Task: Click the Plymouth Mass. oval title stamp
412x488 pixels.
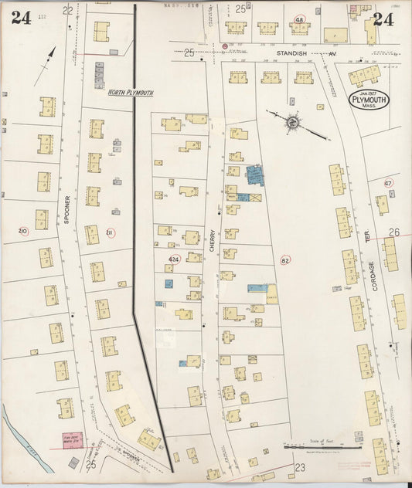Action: click(368, 100)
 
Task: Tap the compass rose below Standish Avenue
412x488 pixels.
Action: click(293, 122)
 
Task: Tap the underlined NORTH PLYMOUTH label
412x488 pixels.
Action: click(130, 93)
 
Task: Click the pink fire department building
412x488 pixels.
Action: click(72, 441)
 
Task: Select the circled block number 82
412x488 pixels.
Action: click(285, 260)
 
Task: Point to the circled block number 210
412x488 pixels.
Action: click(23, 231)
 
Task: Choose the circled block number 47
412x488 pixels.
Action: click(388, 183)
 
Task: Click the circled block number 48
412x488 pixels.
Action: click(298, 19)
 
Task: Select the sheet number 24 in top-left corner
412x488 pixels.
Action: click(21, 19)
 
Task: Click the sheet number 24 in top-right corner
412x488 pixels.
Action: click(383, 20)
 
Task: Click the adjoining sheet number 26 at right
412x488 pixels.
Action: click(394, 232)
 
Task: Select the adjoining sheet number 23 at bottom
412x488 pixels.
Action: click(300, 468)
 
